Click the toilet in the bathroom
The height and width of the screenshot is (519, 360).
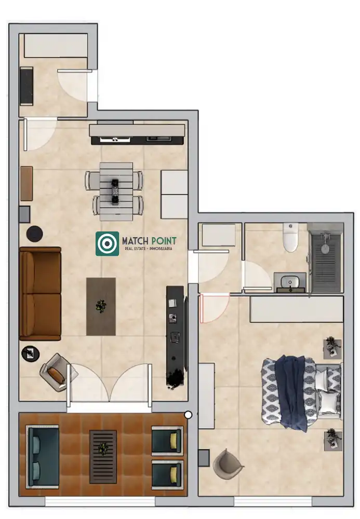click(291, 237)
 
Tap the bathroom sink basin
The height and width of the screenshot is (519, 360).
click(290, 282)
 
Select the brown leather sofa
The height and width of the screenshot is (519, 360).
click(41, 294)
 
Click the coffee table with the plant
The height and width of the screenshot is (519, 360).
click(101, 307)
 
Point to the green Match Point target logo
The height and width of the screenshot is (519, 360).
click(108, 243)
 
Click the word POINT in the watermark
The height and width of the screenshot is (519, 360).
click(164, 241)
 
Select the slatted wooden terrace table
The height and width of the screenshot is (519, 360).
click(103, 456)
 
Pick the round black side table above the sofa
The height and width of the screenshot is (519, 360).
click(35, 234)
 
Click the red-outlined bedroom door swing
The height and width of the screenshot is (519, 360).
click(214, 308)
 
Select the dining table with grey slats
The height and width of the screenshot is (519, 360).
click(116, 192)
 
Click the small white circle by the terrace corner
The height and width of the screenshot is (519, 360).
click(188, 414)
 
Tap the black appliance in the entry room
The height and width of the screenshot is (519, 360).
click(26, 86)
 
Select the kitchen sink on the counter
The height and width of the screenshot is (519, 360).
click(159, 139)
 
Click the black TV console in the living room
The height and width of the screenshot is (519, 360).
click(175, 336)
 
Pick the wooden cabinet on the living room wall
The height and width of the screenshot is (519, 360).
click(26, 183)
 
